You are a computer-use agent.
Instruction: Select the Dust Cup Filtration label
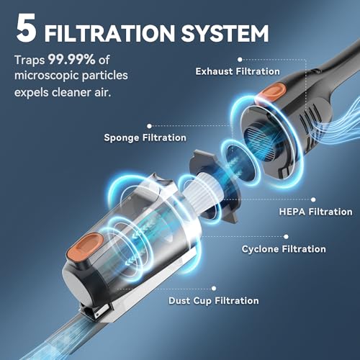click(x=213, y=300)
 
